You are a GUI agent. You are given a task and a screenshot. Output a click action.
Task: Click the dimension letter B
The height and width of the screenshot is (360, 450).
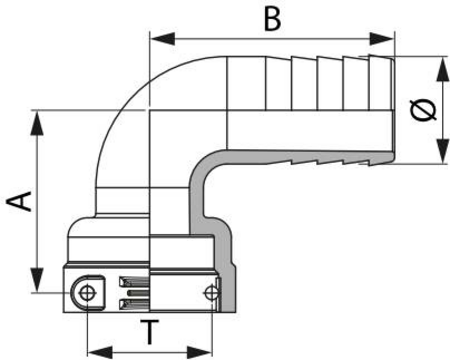tap(272, 18)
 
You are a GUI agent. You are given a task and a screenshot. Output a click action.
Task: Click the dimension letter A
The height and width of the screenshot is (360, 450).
tap(20, 201)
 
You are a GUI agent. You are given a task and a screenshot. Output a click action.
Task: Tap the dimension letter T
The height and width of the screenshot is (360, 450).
tap(149, 332)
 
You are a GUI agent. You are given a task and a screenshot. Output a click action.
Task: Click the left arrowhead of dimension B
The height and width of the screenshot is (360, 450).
tap(162, 39)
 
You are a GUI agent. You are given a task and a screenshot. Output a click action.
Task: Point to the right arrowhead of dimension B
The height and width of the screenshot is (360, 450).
tap(382, 39)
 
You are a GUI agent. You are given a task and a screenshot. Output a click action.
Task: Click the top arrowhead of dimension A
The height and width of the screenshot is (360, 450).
tap(37, 122)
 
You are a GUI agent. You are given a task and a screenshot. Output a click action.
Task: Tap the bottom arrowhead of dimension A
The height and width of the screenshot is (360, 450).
tap(37, 280)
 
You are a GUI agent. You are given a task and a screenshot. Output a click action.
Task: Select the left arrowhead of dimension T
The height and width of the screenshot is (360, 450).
tap(100, 352)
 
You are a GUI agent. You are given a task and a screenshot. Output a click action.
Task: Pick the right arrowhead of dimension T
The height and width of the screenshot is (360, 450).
tap(199, 352)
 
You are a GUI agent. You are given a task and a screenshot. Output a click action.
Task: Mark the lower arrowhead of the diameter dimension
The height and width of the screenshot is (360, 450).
tap(442, 151)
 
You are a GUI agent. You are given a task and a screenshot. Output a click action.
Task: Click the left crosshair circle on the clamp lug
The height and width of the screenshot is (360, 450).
tap(87, 293)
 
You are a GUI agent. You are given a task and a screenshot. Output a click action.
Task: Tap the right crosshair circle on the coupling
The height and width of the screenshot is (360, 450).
tap(212, 293)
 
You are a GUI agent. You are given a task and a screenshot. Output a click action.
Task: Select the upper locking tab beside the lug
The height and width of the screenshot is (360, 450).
tap(134, 282)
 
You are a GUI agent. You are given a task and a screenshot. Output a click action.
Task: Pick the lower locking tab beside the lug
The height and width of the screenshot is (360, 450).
tap(134, 303)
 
